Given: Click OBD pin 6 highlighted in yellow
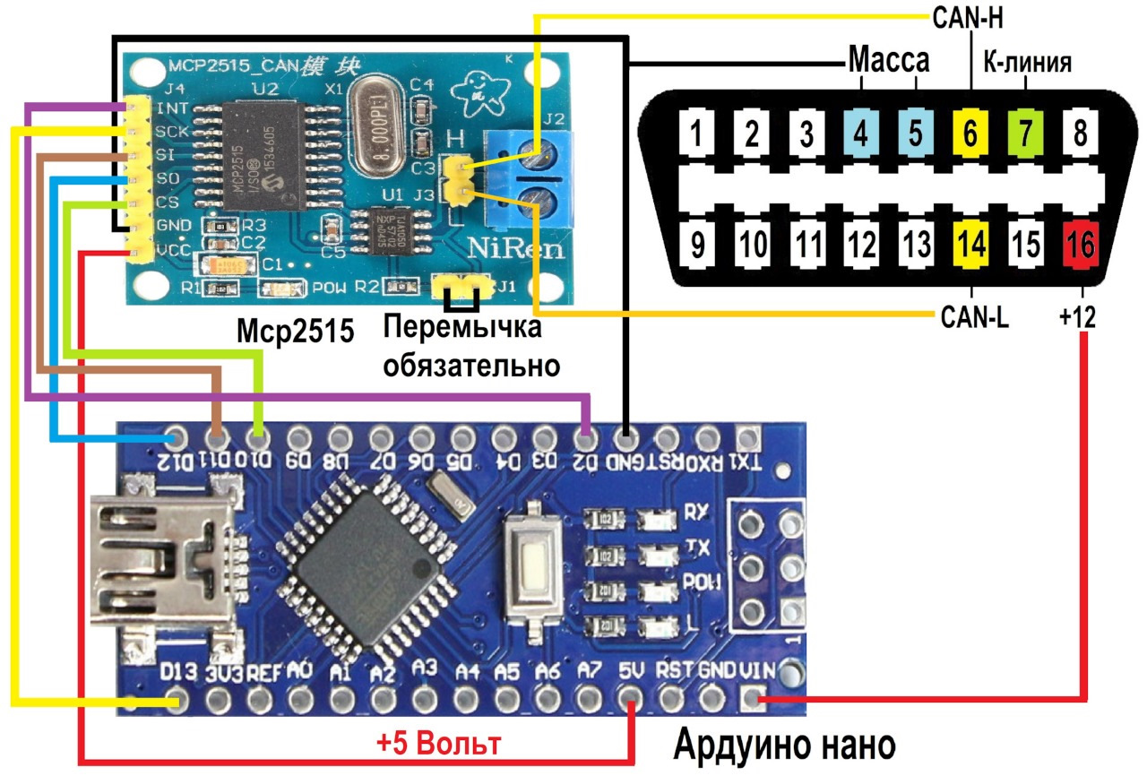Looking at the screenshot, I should (970, 134).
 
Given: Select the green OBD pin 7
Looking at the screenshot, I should (1025, 134).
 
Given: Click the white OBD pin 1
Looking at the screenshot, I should (694, 134).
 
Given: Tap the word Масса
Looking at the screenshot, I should (888, 62).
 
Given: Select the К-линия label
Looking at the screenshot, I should (1028, 62).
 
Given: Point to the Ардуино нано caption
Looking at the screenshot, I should (784, 745).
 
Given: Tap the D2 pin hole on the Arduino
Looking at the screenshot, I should (585, 439).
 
